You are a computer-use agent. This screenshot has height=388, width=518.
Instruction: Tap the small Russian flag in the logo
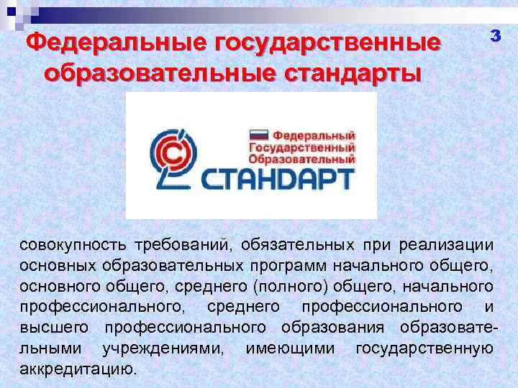click(258, 134)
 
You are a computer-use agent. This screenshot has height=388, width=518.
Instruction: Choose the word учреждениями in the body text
click(163, 349)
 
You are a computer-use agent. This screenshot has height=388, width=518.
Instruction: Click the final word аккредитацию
click(78, 370)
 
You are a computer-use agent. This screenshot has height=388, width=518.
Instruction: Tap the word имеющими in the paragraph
click(290, 349)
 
